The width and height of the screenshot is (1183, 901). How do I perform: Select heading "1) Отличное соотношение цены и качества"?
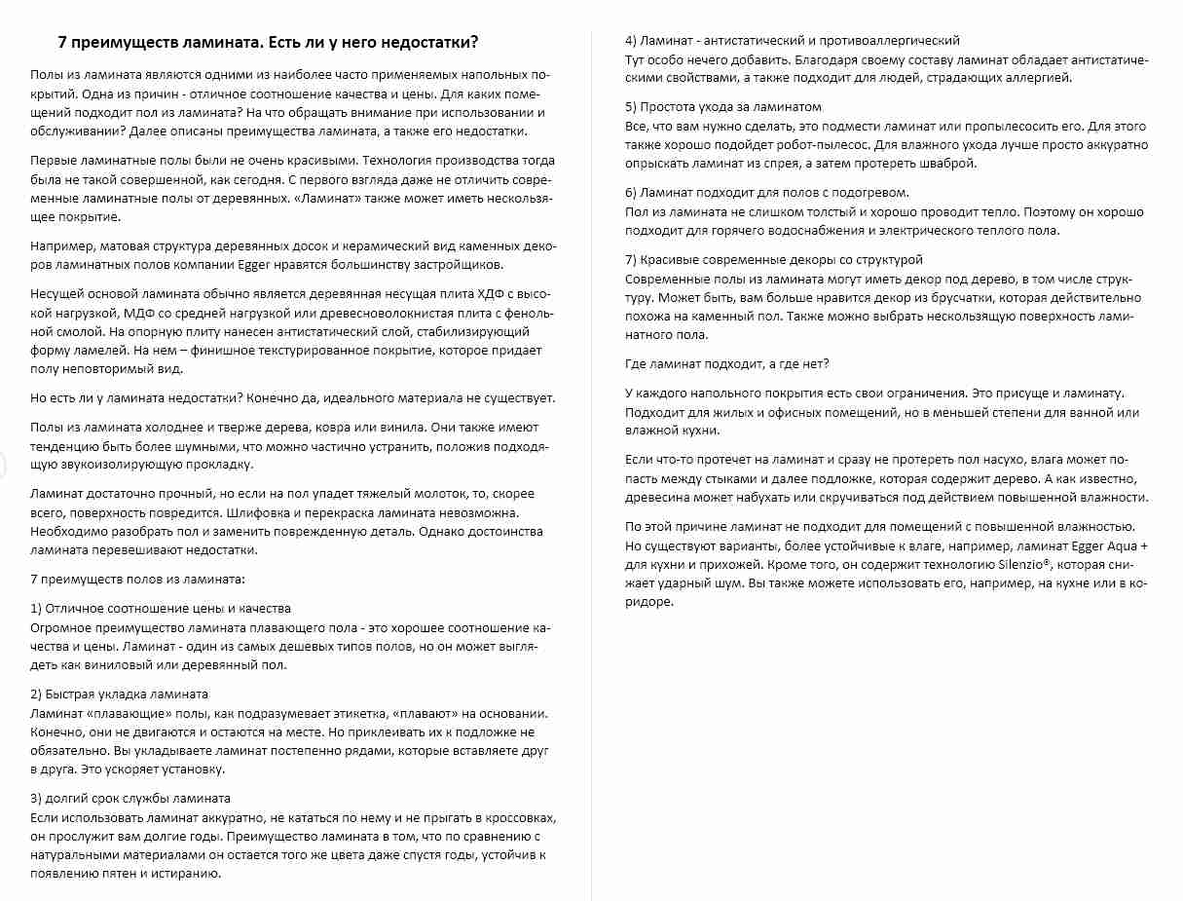[x=161, y=608]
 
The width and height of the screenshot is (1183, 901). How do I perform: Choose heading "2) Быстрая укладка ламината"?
[x=119, y=694]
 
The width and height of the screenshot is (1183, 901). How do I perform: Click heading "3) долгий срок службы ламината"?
[x=130, y=799]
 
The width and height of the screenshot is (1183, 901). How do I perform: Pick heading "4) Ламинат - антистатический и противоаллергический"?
[x=792, y=40]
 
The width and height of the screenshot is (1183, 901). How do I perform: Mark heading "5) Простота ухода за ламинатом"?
[x=722, y=106]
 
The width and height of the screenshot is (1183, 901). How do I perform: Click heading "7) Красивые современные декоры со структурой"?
[x=773, y=259]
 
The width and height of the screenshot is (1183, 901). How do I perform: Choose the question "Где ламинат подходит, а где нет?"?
[x=726, y=363]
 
